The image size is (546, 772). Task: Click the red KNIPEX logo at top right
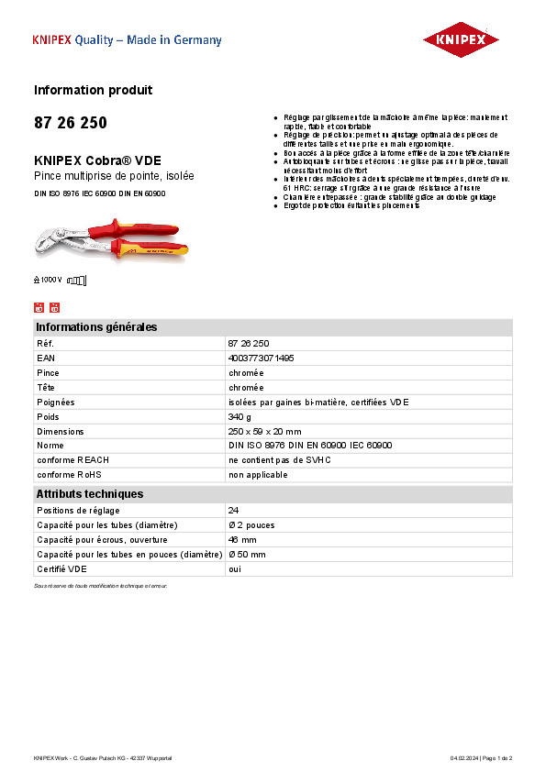(x=460, y=40)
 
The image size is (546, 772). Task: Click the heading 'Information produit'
(x=93, y=90)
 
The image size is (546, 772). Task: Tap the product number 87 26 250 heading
(x=70, y=123)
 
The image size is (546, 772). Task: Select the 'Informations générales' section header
(x=96, y=327)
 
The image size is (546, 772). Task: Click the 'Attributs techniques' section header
(x=89, y=494)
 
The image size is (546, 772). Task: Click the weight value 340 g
(x=239, y=416)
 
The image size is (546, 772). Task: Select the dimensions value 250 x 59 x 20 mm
(x=264, y=431)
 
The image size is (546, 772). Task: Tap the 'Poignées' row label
(x=55, y=402)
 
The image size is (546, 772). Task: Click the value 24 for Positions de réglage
(x=233, y=510)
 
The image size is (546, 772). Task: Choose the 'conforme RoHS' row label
(x=69, y=475)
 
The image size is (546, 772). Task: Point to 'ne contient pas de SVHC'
(x=279, y=460)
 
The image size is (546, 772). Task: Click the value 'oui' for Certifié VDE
(x=235, y=568)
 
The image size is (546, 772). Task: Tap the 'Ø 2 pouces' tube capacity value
(x=251, y=524)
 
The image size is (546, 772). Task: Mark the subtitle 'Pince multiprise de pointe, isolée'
(x=114, y=175)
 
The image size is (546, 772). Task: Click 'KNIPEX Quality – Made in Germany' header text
(x=127, y=40)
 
